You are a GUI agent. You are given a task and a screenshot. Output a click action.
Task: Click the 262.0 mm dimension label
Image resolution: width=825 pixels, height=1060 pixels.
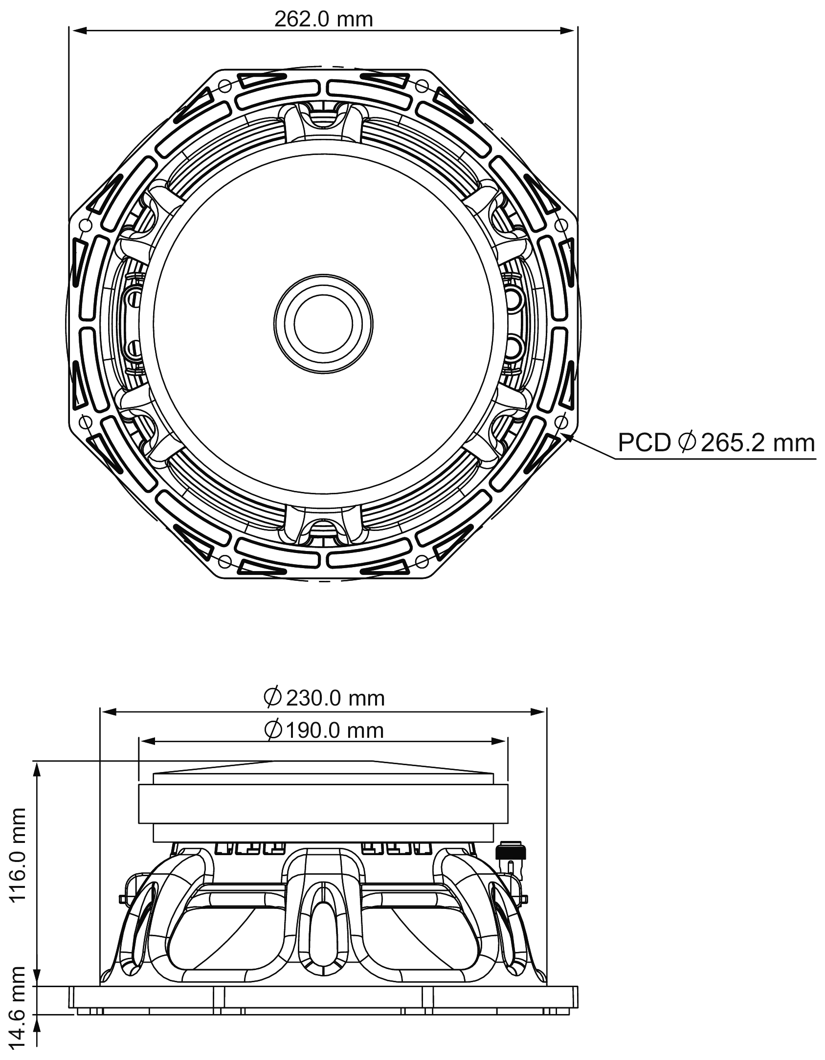click(x=323, y=19)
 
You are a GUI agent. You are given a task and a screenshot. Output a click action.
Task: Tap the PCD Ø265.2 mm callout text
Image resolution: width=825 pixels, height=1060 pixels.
click(x=716, y=443)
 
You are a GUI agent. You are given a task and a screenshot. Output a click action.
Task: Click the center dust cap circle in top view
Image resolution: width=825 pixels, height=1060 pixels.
click(x=323, y=323)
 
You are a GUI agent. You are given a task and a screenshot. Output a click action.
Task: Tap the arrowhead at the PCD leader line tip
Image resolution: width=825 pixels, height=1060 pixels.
click(x=567, y=436)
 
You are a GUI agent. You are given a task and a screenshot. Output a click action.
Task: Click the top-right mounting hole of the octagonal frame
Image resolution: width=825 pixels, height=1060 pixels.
click(x=422, y=87)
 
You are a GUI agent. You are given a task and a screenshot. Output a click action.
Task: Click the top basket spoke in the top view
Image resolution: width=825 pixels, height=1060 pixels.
click(x=323, y=122)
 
